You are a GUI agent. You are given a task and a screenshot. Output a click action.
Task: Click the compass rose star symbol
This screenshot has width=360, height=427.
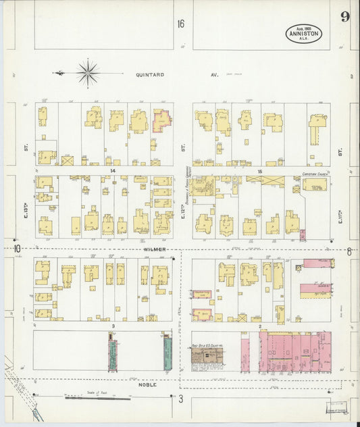(88, 72)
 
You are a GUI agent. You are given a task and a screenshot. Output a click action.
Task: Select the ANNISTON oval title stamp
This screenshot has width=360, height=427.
(303, 33)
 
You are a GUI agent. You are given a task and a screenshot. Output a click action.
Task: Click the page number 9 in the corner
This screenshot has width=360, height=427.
(344, 17)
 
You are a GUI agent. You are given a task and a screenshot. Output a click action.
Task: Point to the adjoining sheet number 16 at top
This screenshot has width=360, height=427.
(181, 24)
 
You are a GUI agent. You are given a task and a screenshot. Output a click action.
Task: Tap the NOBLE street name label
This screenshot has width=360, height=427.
(147, 384)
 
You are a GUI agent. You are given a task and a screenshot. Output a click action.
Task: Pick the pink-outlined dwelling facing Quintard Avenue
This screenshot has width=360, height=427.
(162, 120)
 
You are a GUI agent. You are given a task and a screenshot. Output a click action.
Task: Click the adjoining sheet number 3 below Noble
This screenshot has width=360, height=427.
(180, 399)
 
